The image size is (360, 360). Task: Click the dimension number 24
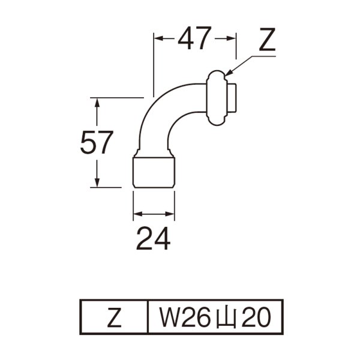tap(153, 239)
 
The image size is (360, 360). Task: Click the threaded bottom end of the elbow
tap(153, 172)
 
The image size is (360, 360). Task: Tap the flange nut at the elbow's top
tap(216, 97)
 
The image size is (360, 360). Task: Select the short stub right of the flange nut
tap(233, 98)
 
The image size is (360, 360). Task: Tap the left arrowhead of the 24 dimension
tap(136, 213)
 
